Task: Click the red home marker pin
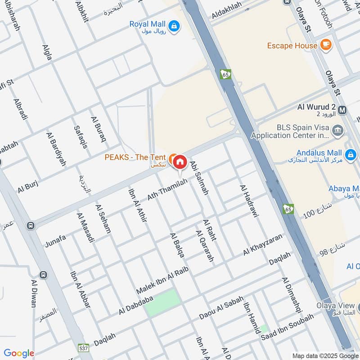click(180, 162)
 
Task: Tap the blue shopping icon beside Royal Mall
click(174, 26)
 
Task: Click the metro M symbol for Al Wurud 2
click(343, 109)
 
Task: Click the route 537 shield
click(84, 348)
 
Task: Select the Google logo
click(19, 353)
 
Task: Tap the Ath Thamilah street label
click(166, 189)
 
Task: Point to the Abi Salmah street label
click(199, 178)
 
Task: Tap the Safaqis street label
click(80, 138)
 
